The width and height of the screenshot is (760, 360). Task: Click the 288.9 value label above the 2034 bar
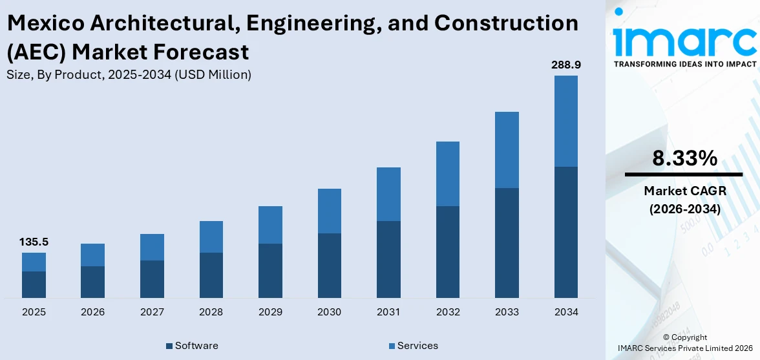pos(565,65)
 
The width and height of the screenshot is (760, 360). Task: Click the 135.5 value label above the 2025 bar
pos(34,242)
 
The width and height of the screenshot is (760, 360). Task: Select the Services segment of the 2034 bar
pos(565,121)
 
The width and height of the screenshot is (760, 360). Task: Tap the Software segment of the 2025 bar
pos(34,284)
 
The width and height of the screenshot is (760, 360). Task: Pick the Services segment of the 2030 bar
pos(329,211)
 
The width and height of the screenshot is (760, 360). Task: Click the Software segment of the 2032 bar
pos(447,252)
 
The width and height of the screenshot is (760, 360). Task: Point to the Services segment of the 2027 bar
pos(152,247)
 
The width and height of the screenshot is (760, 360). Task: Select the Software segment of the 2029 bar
pos(270,271)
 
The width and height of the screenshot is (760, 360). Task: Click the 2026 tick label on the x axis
pos(92,312)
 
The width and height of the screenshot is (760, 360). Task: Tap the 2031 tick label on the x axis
pos(388,312)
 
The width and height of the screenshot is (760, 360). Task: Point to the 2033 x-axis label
pos(507,312)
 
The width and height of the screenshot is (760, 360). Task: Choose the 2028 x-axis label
pos(211,312)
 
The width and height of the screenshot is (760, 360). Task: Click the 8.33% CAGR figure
pos(684,158)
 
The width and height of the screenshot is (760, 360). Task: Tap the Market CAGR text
pos(684,191)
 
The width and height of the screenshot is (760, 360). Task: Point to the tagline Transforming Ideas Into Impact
pos(684,64)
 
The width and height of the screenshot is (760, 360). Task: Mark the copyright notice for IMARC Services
pos(684,343)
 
